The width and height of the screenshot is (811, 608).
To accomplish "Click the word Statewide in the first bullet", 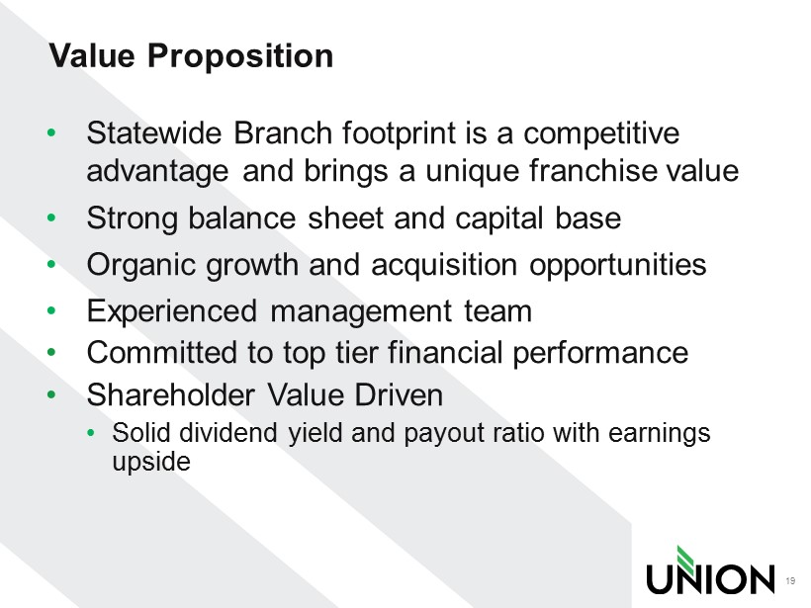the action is tap(154, 132).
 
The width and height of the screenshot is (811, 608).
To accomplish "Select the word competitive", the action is tap(601, 134).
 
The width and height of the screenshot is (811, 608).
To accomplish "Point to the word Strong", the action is tap(131, 219).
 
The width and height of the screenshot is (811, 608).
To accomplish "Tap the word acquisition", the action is tap(444, 266).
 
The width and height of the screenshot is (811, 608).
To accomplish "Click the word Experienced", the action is tap(172, 312).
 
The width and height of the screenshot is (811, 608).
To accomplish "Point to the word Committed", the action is tap(161, 353).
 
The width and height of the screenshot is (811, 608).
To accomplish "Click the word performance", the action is tap(600, 354).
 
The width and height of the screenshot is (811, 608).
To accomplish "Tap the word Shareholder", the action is tap(171, 395).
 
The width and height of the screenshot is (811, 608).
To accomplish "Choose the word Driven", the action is tap(399, 395).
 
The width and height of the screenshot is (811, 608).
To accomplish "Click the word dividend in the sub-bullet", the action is tap(228, 432).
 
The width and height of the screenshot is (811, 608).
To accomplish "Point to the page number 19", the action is tap(790, 581).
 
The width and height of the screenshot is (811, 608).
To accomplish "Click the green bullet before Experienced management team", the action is tap(50, 310).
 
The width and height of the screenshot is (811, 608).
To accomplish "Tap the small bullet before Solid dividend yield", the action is tap(92, 433).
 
